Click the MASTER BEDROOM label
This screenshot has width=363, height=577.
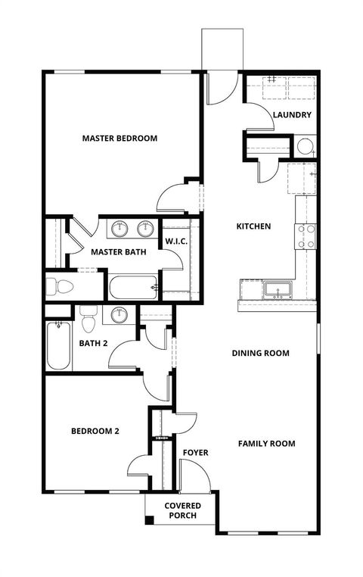click(119, 139)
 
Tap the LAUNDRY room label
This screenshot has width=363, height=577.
click(292, 115)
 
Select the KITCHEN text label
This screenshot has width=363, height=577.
click(253, 226)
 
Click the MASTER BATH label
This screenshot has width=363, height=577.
click(118, 251)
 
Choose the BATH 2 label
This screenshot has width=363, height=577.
click(94, 343)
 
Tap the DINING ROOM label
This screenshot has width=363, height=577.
click(261, 353)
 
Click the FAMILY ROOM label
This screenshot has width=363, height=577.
click(267, 444)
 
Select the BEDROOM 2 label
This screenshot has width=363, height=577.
click(95, 432)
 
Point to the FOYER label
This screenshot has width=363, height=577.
click(195, 453)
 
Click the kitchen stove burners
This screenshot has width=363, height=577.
click(306, 235)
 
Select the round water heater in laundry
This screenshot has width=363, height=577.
click(306, 147)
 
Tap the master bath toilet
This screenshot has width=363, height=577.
click(59, 287)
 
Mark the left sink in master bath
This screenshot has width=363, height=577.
click(120, 227)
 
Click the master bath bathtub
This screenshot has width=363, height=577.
click(133, 288)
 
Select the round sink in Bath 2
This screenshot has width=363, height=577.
click(119, 314)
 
